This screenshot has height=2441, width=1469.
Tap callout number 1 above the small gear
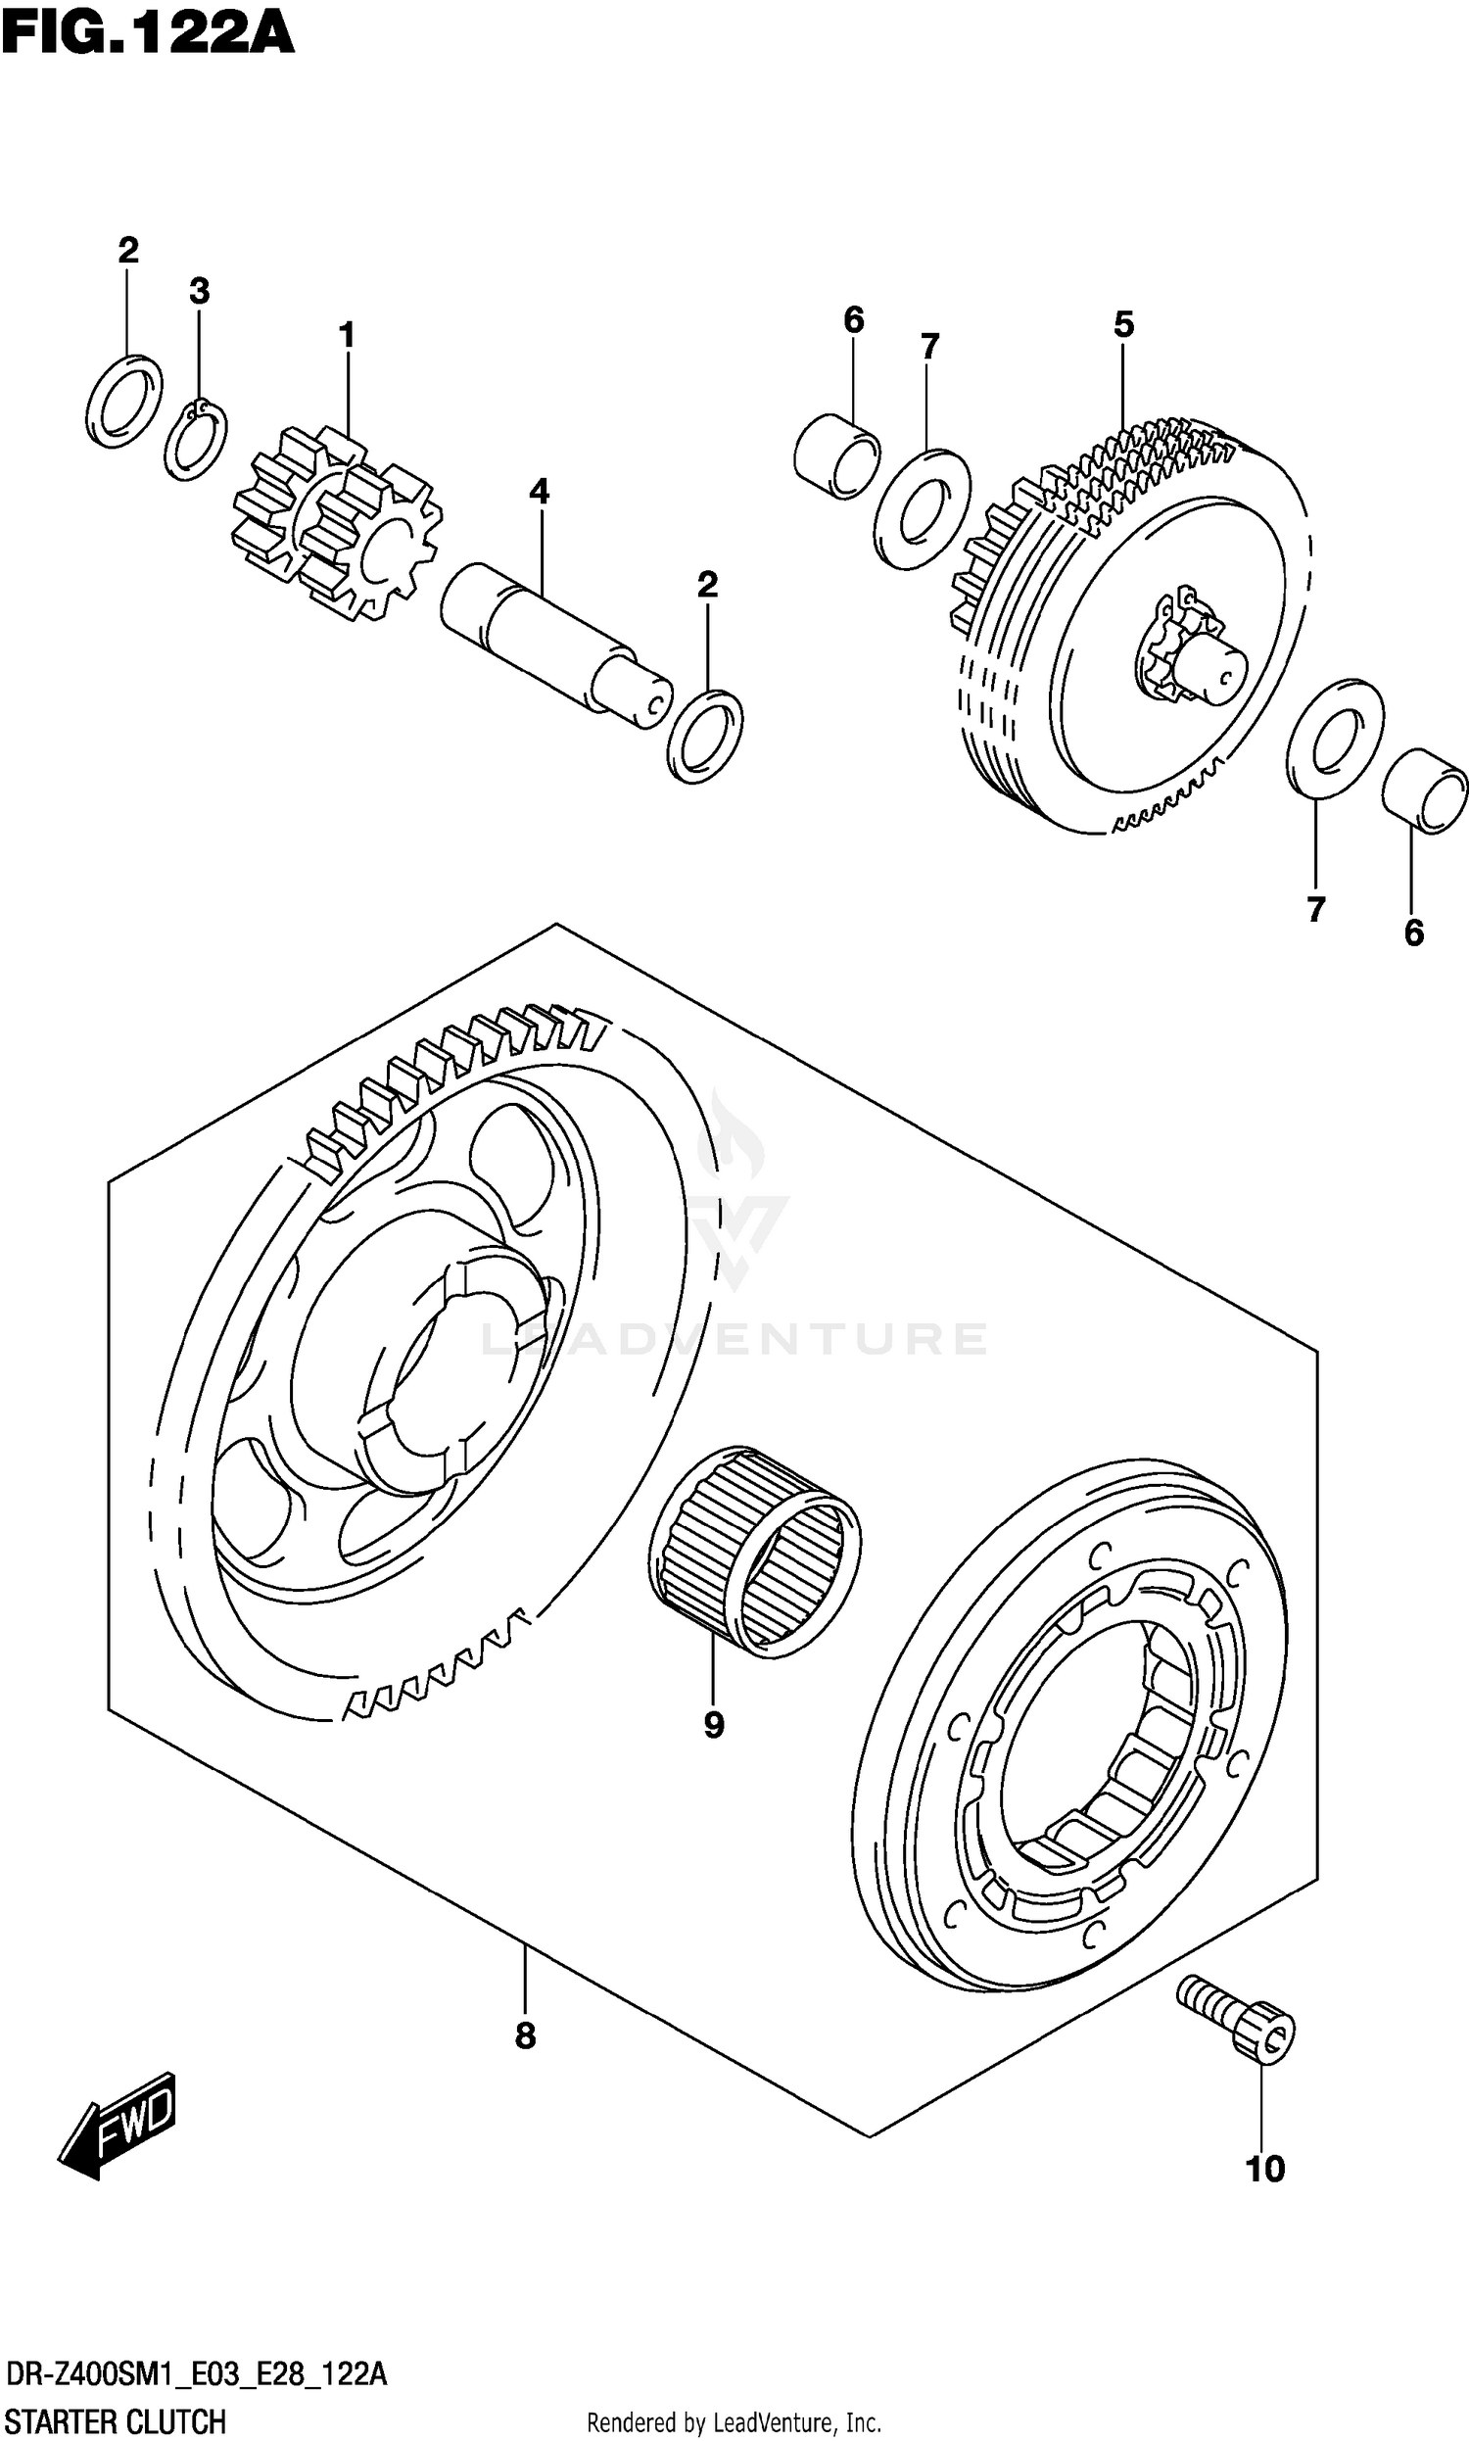coord(347,337)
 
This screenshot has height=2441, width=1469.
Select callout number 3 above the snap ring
coord(199,292)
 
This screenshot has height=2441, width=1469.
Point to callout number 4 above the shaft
coord(539,491)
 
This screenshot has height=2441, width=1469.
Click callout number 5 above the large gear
coord(1123,324)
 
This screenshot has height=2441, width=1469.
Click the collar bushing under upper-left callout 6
coord(836,456)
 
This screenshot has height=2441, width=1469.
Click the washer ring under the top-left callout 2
coord(124,401)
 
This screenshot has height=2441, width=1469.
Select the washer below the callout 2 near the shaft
coord(705,737)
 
